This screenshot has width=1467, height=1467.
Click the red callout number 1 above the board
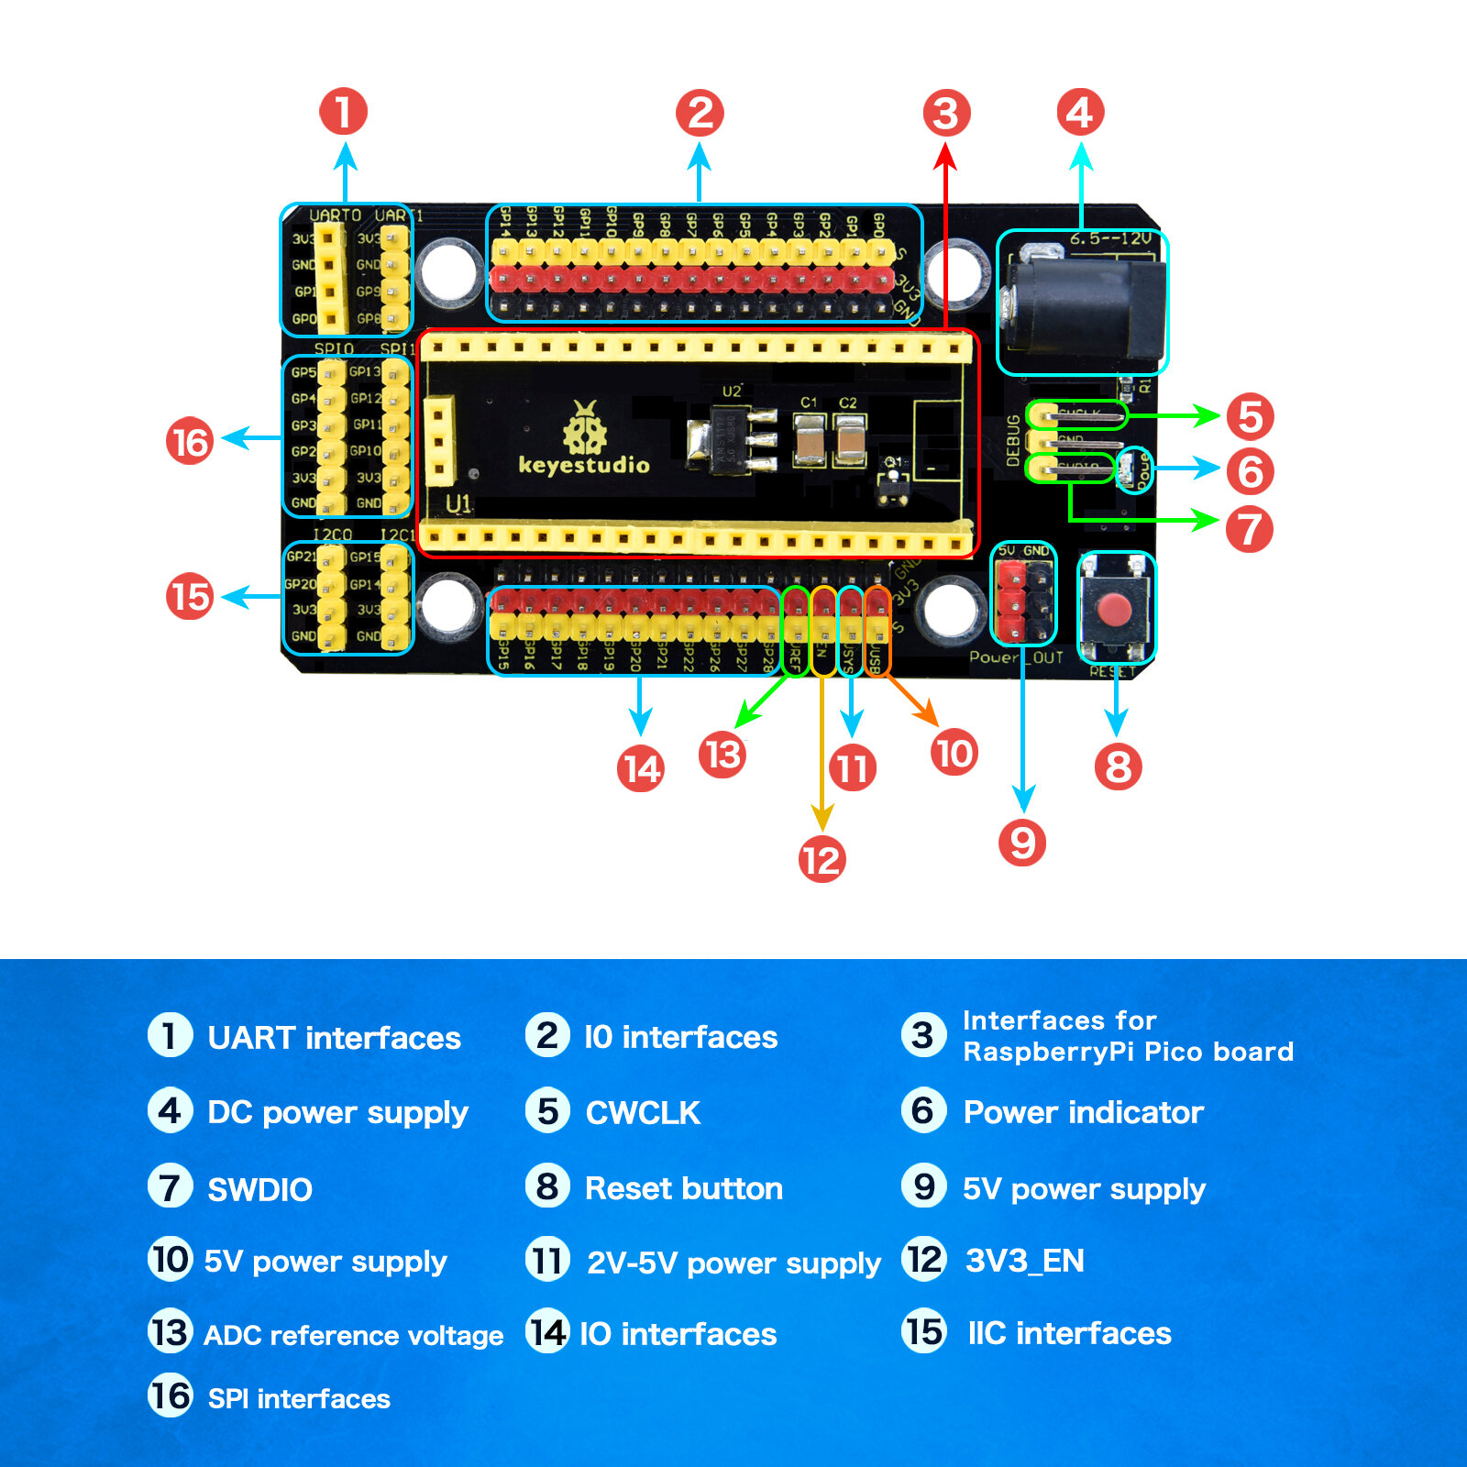[x=344, y=112]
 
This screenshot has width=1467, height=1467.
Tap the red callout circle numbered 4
[x=1080, y=113]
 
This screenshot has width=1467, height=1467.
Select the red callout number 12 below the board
[x=822, y=859]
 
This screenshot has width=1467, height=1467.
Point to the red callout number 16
[x=190, y=441]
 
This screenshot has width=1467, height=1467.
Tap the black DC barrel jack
[x=1086, y=307]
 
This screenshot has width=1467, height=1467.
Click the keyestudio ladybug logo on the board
[x=584, y=428]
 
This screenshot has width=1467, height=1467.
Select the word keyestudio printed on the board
[x=584, y=465]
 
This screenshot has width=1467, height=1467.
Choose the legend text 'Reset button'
[x=683, y=1188]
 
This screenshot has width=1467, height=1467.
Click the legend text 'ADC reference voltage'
[x=353, y=1335]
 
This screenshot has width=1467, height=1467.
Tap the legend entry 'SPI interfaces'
[x=299, y=1398]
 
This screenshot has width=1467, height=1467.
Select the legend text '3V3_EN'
[x=1024, y=1261]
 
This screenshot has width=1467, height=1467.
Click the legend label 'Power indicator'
[x=1083, y=1112]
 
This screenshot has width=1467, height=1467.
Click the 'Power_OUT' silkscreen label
[x=1016, y=657]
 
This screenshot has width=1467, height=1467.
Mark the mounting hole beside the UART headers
[x=449, y=269]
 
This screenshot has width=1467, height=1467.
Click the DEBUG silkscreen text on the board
[x=1013, y=440]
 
